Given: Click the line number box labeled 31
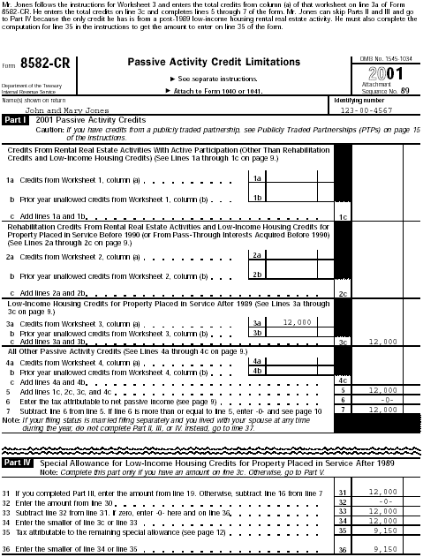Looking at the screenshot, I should click(343, 491).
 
